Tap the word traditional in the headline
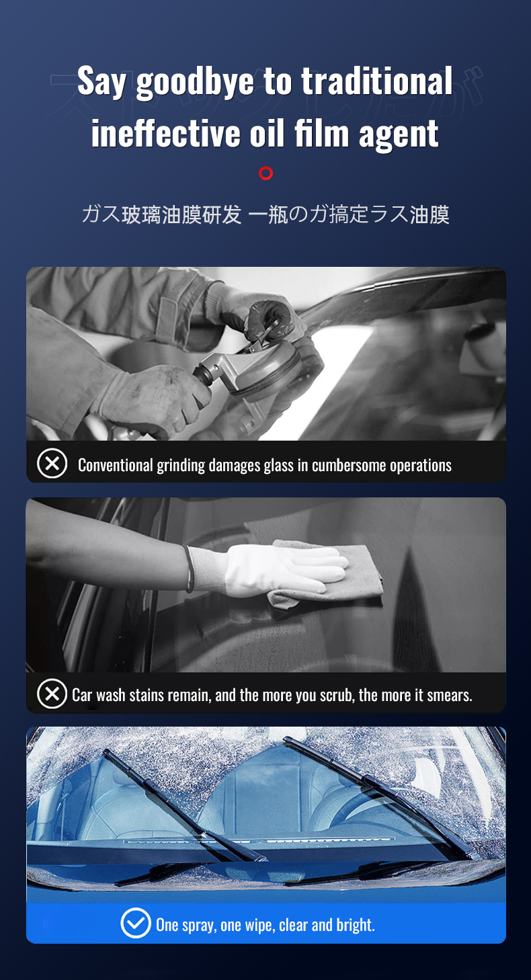pos(376,81)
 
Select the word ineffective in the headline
pos(165,133)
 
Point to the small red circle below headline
pos(265,173)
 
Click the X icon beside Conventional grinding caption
pos(52,464)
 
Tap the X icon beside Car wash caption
pos(52,694)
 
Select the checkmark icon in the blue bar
pos(135,923)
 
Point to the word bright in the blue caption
pos(356,925)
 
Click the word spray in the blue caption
pos(199,926)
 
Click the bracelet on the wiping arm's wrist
pos(189,569)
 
